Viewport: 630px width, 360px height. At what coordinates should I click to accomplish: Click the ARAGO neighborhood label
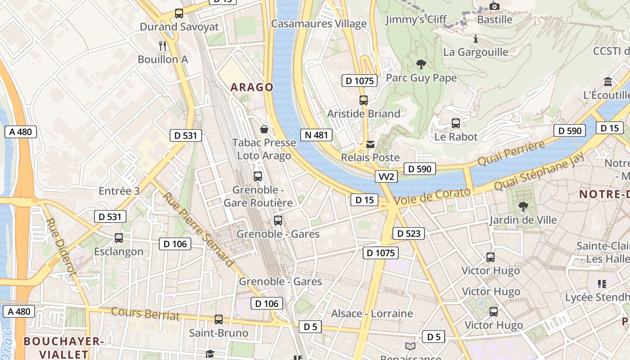tap(252, 87)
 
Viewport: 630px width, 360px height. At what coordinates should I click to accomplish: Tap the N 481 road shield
tap(316, 135)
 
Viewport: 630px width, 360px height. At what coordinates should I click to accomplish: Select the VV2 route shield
tap(386, 177)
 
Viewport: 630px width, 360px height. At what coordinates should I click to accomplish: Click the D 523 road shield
tap(409, 234)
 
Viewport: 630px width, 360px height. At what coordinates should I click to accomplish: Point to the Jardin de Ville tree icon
tap(523, 207)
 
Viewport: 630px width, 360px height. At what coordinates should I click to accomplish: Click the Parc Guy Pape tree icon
tap(421, 64)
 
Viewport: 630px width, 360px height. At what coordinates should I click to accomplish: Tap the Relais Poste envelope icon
tap(370, 144)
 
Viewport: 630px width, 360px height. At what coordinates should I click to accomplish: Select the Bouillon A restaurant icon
tap(163, 45)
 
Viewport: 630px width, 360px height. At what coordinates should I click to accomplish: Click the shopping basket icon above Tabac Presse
tap(264, 130)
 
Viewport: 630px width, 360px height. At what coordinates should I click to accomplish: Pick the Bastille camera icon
tap(495, 6)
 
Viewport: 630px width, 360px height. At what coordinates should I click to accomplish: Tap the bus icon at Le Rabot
tap(455, 123)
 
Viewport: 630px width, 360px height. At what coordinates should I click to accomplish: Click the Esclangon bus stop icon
tap(119, 238)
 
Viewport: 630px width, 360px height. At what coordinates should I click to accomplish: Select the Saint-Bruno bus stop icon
tap(219, 319)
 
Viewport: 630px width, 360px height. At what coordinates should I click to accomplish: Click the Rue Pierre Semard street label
tap(198, 229)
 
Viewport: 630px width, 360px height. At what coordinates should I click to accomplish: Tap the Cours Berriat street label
tap(145, 314)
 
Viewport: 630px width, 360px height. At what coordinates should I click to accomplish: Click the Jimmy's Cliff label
tap(416, 19)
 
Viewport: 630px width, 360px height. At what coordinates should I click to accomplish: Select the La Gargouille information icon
tap(475, 39)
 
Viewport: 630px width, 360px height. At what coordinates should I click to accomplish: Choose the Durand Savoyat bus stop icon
tap(179, 13)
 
